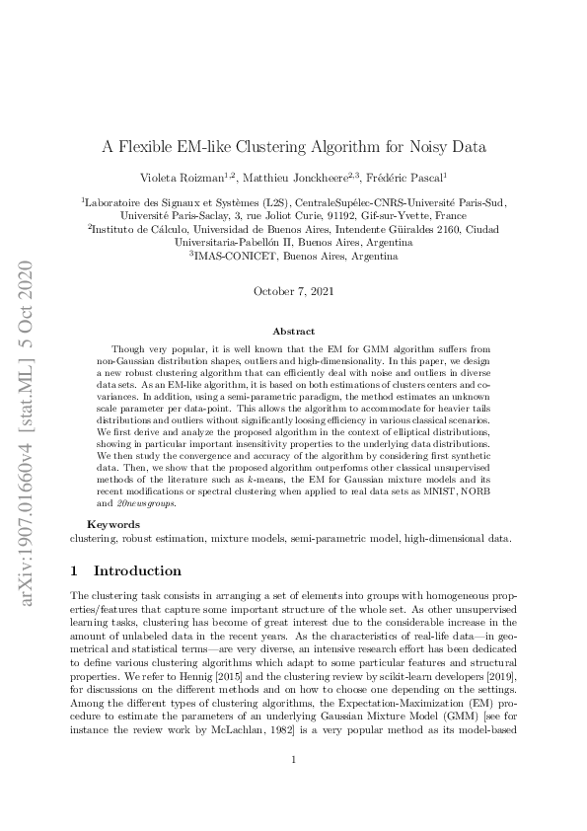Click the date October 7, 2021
[293, 291]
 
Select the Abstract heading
[293, 333]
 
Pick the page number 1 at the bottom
[293, 760]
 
